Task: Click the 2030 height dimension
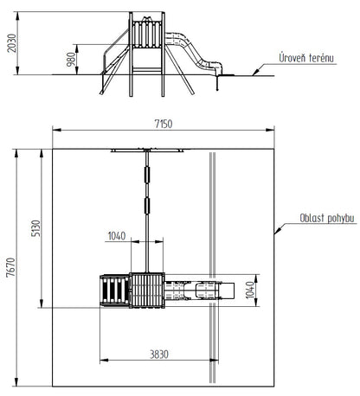click(12, 43)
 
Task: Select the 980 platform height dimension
click(71, 60)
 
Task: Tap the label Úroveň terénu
click(306, 58)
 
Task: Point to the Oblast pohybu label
click(327, 218)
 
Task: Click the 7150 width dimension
click(164, 124)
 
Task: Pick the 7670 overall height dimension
click(11, 267)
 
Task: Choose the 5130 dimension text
click(36, 228)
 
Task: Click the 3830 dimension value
click(159, 354)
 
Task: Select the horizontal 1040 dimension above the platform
click(117, 236)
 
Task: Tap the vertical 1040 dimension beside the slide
click(250, 290)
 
